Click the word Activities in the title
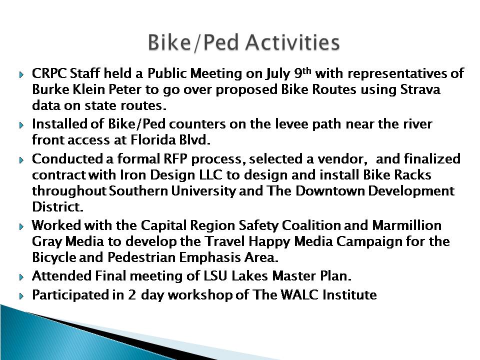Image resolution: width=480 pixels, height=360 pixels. [x=292, y=42]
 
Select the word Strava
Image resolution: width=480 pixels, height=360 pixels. [x=420, y=89]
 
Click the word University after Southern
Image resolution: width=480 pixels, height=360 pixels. [x=203, y=190]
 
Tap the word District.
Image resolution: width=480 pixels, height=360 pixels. [x=58, y=207]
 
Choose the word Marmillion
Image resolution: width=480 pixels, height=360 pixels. [x=407, y=225]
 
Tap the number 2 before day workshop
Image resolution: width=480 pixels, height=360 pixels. [x=131, y=295]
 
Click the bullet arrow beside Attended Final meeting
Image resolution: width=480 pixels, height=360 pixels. [x=21, y=277]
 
